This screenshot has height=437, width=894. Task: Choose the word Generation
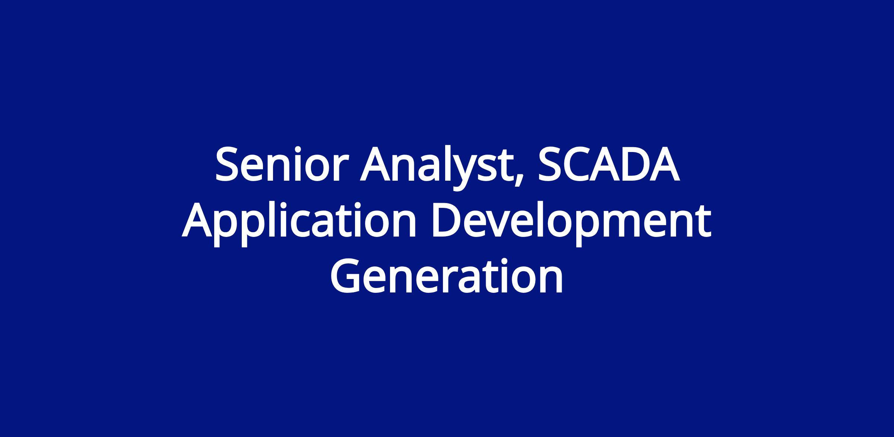click(447, 275)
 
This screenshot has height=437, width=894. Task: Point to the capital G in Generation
click(346, 275)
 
